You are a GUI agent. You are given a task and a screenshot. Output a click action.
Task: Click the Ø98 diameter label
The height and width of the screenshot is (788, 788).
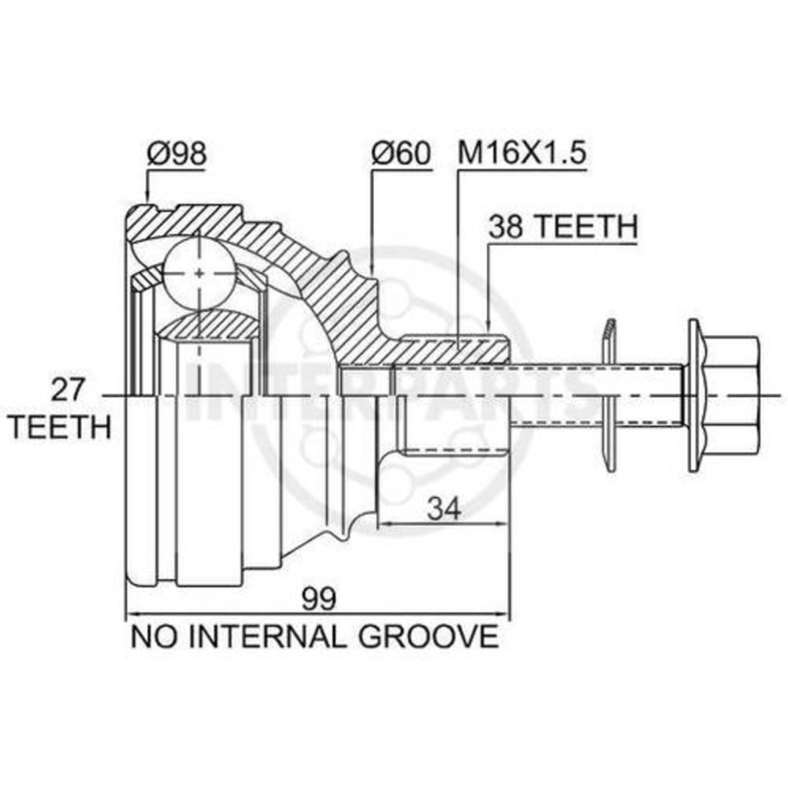(177, 153)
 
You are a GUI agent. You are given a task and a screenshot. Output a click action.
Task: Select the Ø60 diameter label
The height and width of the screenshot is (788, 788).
(400, 153)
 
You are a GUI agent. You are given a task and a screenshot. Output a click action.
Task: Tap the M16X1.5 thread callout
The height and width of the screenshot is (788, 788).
(522, 153)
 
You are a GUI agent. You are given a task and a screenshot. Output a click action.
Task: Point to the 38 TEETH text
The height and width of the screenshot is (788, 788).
(563, 227)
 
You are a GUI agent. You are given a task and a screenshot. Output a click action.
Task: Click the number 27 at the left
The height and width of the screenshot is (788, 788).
(68, 390)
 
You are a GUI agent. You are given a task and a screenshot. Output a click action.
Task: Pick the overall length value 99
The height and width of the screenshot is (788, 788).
(318, 599)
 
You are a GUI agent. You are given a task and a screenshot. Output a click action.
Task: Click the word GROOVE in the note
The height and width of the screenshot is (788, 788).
(428, 636)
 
